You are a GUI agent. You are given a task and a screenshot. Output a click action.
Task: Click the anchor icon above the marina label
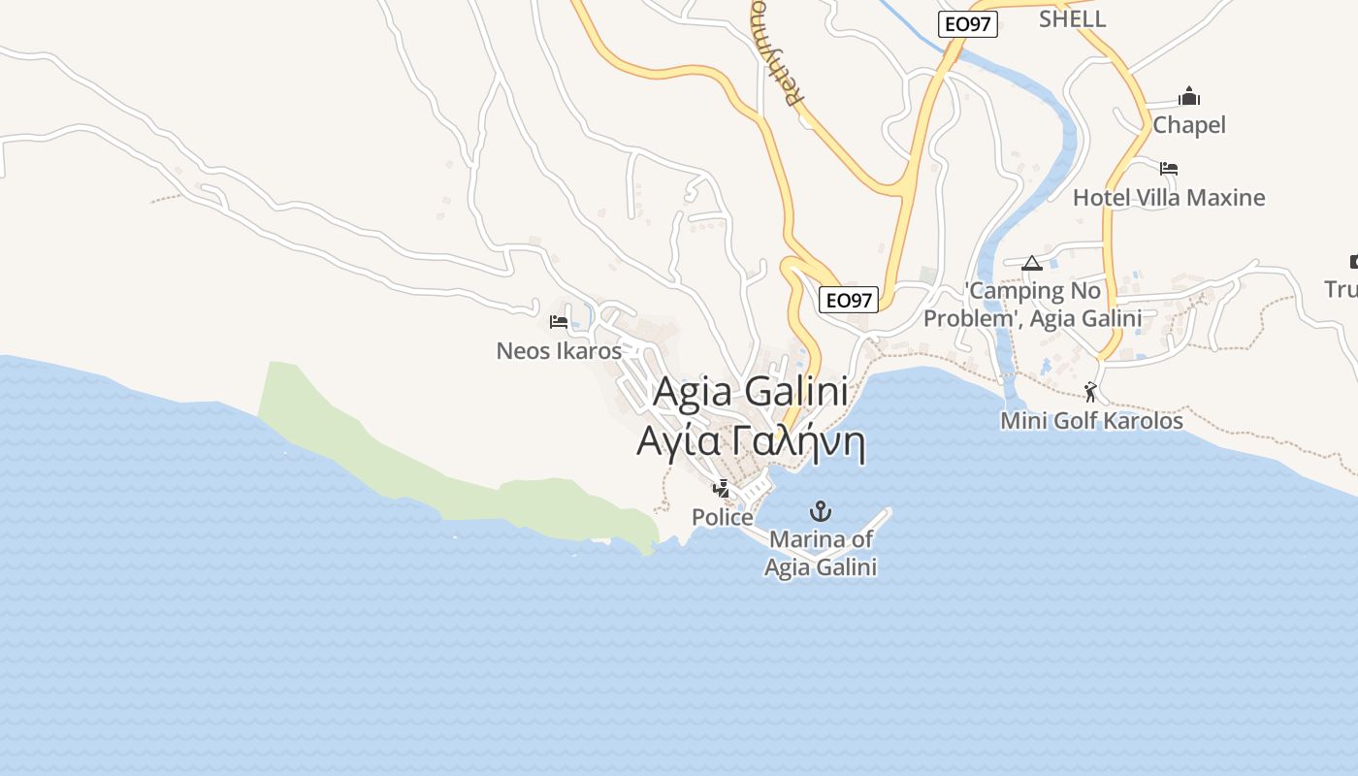[822, 510]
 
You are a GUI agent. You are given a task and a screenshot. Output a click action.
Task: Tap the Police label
[723, 518]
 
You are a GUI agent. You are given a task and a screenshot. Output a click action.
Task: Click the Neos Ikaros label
[559, 351]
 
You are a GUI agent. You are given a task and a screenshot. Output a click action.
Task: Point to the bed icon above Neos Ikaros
[559, 322]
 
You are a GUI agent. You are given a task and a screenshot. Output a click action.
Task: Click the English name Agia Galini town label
[751, 392]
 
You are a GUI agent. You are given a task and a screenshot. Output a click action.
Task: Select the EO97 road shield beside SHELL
[968, 24]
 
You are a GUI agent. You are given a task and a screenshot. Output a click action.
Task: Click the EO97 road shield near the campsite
[849, 301]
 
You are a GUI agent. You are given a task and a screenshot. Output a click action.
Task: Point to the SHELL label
[1072, 18]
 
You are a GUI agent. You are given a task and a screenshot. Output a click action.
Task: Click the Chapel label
[1189, 125]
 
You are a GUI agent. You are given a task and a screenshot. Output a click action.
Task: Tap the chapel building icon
[1189, 96]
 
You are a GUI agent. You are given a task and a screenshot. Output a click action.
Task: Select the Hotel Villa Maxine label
[1169, 198]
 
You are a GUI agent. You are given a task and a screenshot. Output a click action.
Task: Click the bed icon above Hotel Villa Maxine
[1169, 169]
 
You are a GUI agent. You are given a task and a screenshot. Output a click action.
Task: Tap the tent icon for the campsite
[1032, 263]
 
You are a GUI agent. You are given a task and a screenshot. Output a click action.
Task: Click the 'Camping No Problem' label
[1032, 305]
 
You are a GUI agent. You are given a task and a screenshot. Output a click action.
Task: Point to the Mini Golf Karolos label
[1091, 421]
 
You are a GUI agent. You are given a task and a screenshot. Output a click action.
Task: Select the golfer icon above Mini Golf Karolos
[1091, 392]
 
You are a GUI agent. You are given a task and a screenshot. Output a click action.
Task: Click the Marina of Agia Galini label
[821, 553]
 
